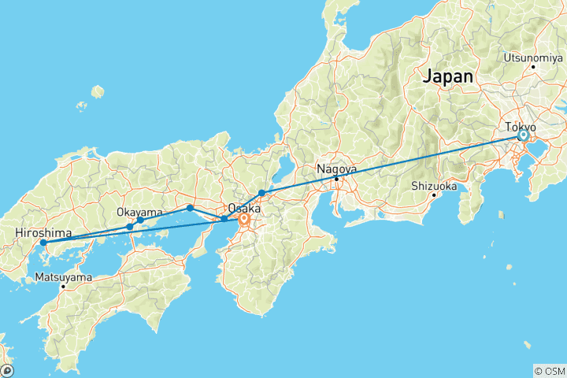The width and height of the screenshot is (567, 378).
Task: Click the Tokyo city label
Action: (x=521, y=127)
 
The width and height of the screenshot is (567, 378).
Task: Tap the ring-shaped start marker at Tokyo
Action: (x=522, y=135)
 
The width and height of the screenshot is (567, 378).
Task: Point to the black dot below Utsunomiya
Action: (x=534, y=67)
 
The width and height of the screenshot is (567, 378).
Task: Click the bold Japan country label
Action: (x=448, y=77)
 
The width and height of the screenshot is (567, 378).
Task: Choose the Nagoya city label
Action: (x=336, y=169)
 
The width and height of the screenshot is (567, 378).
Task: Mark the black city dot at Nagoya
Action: (x=337, y=179)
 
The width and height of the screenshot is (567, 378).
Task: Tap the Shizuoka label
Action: (x=434, y=187)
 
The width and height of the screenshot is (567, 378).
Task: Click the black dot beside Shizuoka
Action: (x=434, y=195)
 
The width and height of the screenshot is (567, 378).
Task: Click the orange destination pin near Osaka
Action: (x=244, y=220)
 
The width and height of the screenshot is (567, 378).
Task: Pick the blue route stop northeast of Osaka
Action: (x=261, y=193)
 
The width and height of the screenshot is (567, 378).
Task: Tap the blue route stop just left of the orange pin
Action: (x=224, y=219)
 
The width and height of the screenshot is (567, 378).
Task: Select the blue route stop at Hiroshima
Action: (x=43, y=243)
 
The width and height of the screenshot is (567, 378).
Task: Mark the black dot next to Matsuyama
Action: (x=63, y=287)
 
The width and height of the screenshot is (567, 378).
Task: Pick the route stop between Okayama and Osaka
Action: (x=190, y=208)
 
